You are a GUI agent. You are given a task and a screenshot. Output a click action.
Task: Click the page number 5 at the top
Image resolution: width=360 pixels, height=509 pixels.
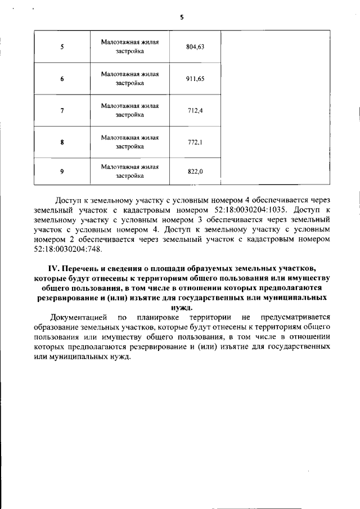[x=182, y=17]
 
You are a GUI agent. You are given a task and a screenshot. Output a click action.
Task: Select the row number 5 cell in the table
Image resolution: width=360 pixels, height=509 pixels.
[x=62, y=47]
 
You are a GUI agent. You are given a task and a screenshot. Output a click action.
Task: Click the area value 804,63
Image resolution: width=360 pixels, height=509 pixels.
[x=195, y=47]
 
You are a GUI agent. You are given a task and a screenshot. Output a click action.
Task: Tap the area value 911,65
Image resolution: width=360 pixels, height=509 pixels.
[x=195, y=79]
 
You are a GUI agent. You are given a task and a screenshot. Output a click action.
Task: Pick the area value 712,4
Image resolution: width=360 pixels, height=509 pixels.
[x=195, y=110]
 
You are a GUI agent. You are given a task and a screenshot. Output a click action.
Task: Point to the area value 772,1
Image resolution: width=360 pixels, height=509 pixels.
[x=195, y=142]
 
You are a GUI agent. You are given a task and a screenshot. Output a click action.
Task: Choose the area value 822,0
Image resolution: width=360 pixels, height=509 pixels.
[x=195, y=172]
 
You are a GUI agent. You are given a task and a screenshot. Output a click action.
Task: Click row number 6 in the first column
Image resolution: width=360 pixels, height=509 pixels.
[x=62, y=79]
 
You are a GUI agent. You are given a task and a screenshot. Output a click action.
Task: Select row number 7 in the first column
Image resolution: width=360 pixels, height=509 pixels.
[x=62, y=110]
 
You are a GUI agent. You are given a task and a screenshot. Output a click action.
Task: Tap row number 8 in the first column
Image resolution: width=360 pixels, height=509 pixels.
[x=62, y=142]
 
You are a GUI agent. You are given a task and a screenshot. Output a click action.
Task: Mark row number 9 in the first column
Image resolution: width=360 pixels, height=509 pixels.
[x=62, y=172]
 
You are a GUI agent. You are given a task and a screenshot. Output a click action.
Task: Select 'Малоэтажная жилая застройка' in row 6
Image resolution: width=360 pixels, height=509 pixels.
[x=130, y=79]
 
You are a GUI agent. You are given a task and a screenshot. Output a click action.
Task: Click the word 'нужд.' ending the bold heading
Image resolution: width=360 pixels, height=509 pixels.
[x=181, y=308]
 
